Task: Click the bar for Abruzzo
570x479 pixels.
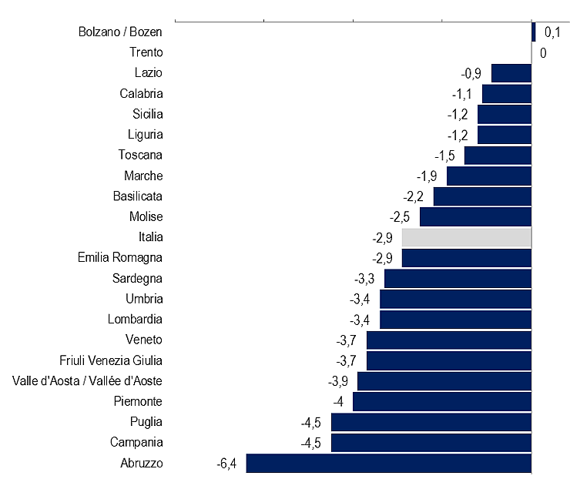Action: [x=389, y=463]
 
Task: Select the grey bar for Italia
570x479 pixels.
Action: [x=467, y=237]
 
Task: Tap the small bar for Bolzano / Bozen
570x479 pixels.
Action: [x=533, y=32]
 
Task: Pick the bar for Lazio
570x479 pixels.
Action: [x=511, y=73]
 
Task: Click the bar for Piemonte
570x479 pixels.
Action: [x=442, y=401]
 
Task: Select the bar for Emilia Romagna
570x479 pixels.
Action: [x=467, y=257]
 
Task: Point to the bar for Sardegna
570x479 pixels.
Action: [x=458, y=278]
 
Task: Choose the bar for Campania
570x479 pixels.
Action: [x=431, y=442]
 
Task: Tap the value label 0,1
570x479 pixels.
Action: [x=552, y=32]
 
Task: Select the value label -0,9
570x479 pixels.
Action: [x=471, y=73]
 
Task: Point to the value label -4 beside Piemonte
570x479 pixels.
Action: [x=337, y=401]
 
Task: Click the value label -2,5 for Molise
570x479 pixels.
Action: [x=400, y=216]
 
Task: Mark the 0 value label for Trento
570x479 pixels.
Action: [x=543, y=53]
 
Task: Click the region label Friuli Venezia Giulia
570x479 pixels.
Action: [x=111, y=360]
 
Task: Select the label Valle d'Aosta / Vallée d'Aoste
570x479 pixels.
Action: [x=87, y=380]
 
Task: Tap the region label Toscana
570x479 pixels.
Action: [x=141, y=155]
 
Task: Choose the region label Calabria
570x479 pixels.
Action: [x=141, y=93]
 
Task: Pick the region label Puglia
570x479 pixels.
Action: [x=146, y=421]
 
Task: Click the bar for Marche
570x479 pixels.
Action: [x=489, y=176]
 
